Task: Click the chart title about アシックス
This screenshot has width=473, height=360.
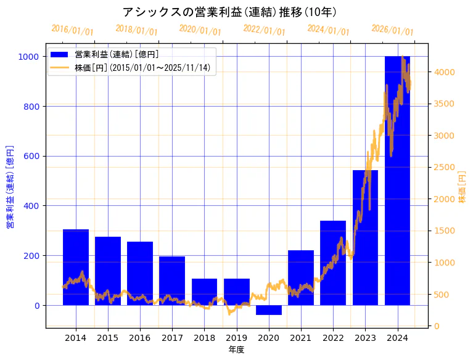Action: coord(229,12)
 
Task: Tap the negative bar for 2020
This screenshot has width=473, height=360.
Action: coord(268,310)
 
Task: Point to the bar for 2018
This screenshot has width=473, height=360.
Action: coord(204,292)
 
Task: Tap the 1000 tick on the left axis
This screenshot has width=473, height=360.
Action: coord(30,57)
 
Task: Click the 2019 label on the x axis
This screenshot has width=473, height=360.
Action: coord(236,338)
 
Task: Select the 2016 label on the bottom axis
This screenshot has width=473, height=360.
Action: coord(140,338)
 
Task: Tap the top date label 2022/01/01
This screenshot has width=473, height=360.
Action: coord(264,30)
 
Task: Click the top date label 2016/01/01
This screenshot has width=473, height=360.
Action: coord(72,30)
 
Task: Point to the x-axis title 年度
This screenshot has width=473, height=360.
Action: coord(236,350)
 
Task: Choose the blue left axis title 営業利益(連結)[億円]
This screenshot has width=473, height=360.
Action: coord(10,187)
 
